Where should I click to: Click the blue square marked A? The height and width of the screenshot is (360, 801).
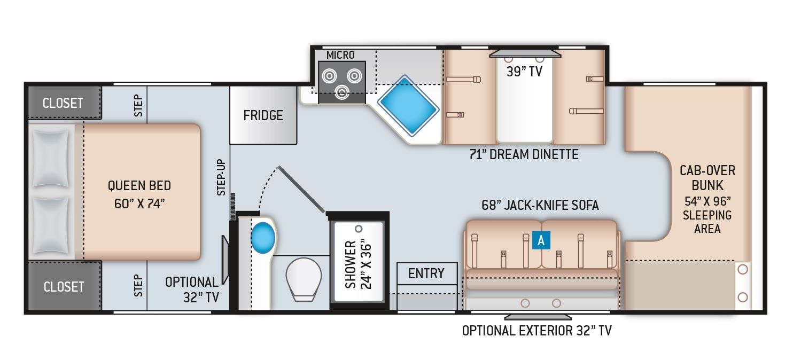pos(541,240)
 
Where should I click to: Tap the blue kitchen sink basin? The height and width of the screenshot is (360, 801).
pos(408,105)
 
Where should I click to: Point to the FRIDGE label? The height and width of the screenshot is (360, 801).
pos(263,115)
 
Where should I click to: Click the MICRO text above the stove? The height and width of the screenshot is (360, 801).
pos(340,55)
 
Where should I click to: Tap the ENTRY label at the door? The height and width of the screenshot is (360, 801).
pos(426,273)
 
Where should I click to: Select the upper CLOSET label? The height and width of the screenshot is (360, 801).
pos(63,103)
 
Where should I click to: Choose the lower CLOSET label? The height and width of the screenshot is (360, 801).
pos(64,287)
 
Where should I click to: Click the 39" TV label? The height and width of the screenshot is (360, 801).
pos(524,72)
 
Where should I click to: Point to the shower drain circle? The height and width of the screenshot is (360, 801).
pos(359,229)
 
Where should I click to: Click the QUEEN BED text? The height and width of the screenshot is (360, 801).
pos(139,185)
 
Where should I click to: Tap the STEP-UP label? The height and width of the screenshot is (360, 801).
pos(222,177)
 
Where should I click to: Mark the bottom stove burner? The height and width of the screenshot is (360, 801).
pos(342,92)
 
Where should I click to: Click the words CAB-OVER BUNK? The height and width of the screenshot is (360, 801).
pos(707,178)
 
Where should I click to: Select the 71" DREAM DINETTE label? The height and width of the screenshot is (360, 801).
pos(524,154)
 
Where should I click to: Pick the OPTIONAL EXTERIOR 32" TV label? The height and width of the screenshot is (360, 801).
pos(536,331)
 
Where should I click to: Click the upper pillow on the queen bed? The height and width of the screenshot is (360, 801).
pos(50,159)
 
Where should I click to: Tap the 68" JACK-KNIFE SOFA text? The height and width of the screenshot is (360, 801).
pos(540,205)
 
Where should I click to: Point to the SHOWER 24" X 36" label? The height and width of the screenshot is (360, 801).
pos(359,264)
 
